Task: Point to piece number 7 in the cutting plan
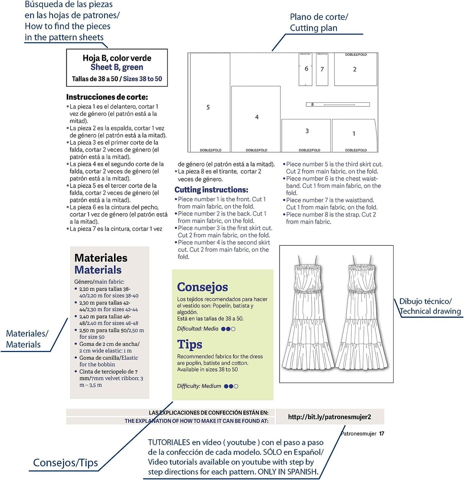322,69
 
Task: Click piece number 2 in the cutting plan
355,69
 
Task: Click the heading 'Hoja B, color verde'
117,58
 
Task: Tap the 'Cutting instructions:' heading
211,190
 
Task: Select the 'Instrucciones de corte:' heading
107,97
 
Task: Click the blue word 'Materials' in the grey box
98,270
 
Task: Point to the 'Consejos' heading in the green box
202,287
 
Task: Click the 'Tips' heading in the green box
189,345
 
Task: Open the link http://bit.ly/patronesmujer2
329,417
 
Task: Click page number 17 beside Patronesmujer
381,433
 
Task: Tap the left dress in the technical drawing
308,318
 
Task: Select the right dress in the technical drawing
362,318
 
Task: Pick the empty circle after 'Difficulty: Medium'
236,386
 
